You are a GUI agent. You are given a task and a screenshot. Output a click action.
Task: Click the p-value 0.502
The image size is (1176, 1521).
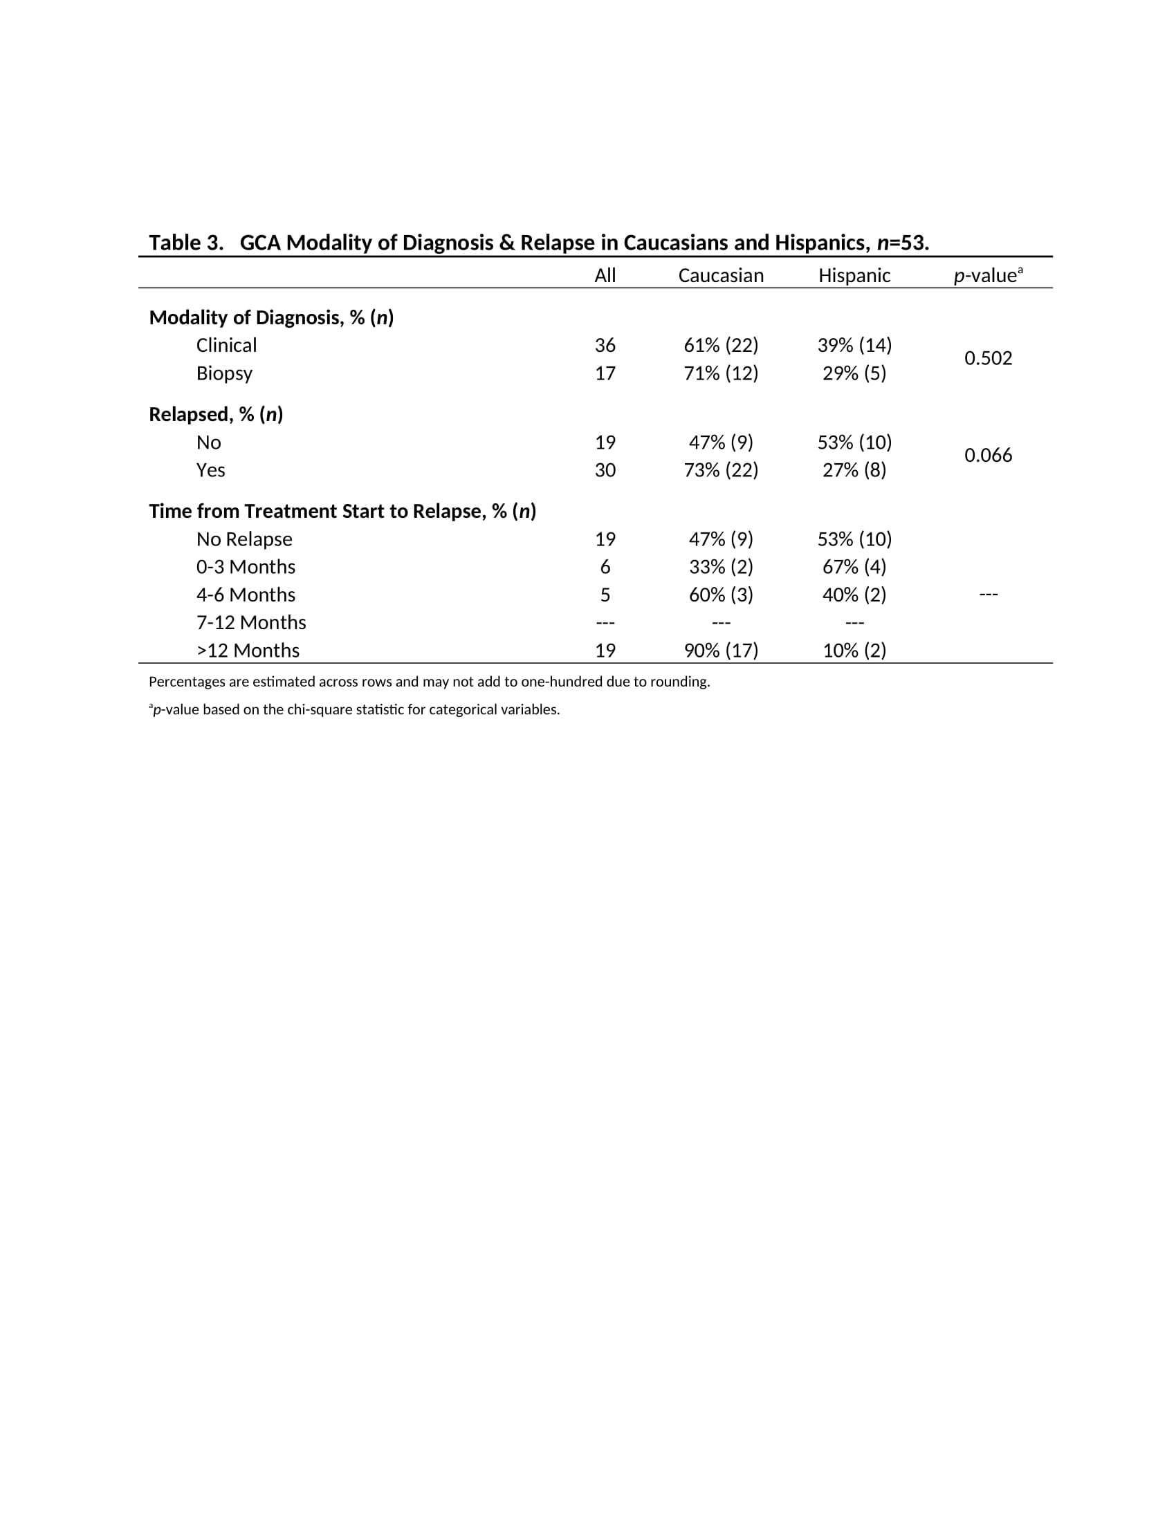(x=988, y=359)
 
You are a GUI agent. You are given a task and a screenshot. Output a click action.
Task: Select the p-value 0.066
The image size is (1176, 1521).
(x=988, y=456)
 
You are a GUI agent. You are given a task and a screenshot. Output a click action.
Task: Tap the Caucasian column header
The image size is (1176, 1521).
(x=720, y=276)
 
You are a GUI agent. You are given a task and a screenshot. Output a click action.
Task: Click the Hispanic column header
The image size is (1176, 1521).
(x=854, y=276)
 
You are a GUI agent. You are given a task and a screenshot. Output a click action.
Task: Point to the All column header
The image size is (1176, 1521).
(x=605, y=276)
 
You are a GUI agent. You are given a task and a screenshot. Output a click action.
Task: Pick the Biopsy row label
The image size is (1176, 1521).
(x=224, y=373)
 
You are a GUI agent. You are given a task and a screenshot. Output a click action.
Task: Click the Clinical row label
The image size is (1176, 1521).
(x=226, y=346)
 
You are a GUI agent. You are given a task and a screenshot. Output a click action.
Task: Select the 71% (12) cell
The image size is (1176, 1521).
(x=720, y=373)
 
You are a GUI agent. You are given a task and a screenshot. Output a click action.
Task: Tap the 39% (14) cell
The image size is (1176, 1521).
(x=854, y=346)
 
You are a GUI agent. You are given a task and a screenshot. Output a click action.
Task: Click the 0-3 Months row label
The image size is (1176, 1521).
(x=246, y=567)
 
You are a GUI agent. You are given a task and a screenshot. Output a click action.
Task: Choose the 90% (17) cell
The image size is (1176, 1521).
(x=720, y=651)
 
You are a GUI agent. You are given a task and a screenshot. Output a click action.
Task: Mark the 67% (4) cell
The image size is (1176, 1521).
(x=854, y=567)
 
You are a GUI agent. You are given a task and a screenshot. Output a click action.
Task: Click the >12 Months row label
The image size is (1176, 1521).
(x=248, y=651)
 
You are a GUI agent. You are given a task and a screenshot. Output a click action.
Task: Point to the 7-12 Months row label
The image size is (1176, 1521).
(x=251, y=623)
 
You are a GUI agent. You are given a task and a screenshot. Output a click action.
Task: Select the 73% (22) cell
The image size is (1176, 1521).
(x=720, y=470)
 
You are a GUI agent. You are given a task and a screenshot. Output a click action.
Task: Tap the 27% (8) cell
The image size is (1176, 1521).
(x=854, y=470)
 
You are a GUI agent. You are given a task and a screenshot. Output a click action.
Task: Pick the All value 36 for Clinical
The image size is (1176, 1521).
(x=605, y=346)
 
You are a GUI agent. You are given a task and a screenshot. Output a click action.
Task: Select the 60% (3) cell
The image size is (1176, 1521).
(x=720, y=595)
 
